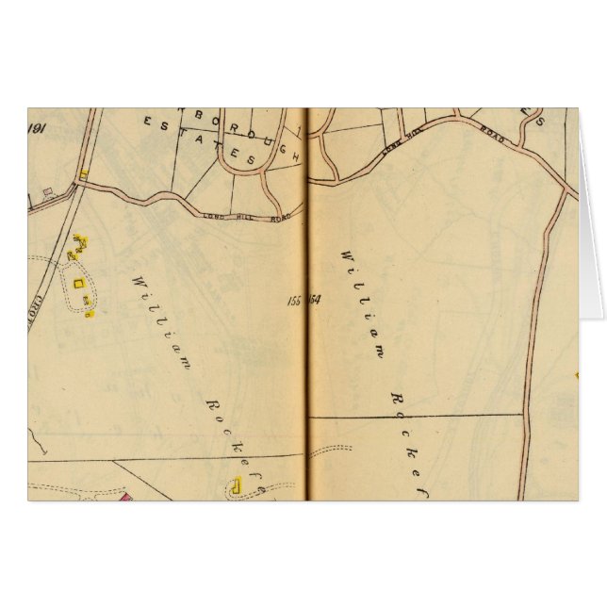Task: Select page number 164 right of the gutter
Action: coord(315,301)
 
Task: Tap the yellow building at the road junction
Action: coord(84,173)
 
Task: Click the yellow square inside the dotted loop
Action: coord(80,280)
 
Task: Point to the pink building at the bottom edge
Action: coord(124,495)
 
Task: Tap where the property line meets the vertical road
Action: coord(525,415)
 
